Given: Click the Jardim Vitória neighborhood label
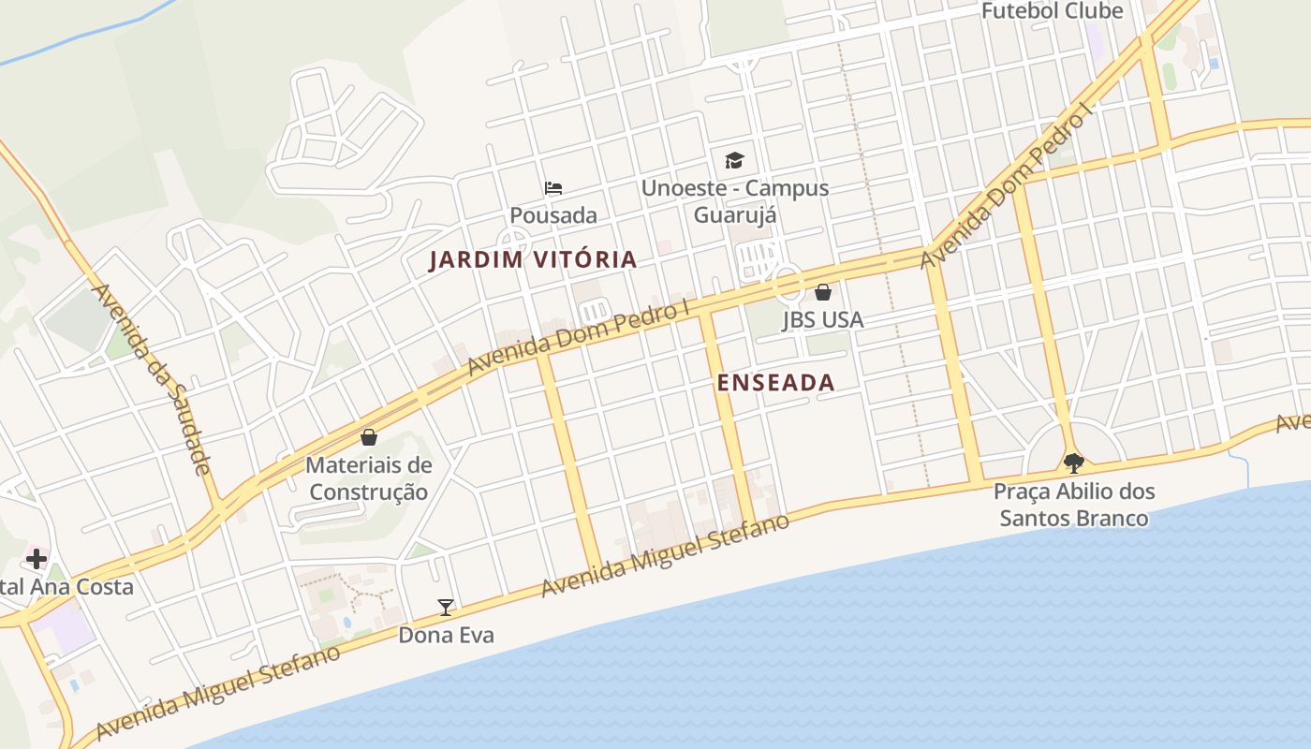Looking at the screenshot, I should pos(533,259).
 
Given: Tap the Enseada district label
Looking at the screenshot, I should pos(775,382).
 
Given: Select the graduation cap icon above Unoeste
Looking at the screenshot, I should pos(734,161).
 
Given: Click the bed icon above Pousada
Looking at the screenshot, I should pos(553,188).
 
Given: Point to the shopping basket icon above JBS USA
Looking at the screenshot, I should pos(822,292).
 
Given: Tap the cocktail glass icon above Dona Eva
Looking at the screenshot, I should pos(446,608).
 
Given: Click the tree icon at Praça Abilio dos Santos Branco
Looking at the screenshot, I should pos(1074,463).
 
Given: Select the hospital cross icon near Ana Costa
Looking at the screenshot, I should pos(37,560).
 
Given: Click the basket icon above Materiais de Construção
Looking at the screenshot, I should pos(369,437).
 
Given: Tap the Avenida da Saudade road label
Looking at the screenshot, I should pos(152,378).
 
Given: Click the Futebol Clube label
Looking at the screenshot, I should pos(1052,11).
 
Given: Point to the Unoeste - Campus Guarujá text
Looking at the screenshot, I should pos(735,200).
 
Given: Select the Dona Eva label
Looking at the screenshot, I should pos(446,635).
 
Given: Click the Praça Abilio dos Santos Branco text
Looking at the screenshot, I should pos(1074,504).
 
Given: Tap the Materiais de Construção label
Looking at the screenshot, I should pos(369,477).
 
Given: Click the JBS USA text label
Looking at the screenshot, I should pos(822,319).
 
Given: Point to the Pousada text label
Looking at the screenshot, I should pos(553,215).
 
